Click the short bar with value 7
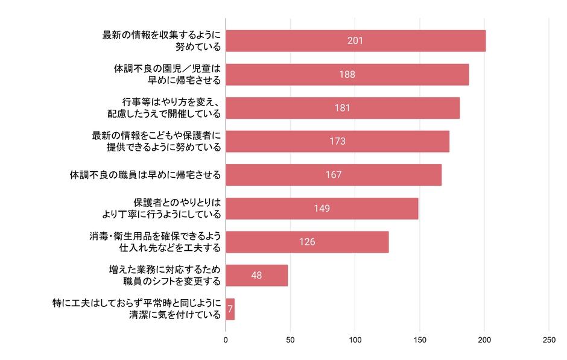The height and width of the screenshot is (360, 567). tap(230, 309)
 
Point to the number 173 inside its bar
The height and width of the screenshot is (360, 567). tap(337, 141)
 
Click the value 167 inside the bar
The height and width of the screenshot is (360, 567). tap(333, 175)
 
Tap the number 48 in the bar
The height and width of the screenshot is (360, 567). tap(256, 276)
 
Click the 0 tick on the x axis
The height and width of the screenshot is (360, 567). tap(226, 339)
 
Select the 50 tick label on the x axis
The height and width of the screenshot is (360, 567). tap(290, 339)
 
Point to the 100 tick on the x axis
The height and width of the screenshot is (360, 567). tap(355, 339)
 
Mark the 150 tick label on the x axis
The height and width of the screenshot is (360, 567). tap(419, 339)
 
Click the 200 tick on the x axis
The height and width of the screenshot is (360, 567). tap(484, 339)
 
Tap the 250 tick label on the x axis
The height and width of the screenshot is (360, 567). tap(548, 339)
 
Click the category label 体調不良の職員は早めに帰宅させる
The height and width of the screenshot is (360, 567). tap(145, 175)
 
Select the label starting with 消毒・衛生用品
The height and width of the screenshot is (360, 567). tap(154, 242)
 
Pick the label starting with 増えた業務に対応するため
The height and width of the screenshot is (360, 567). tap(163, 276)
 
